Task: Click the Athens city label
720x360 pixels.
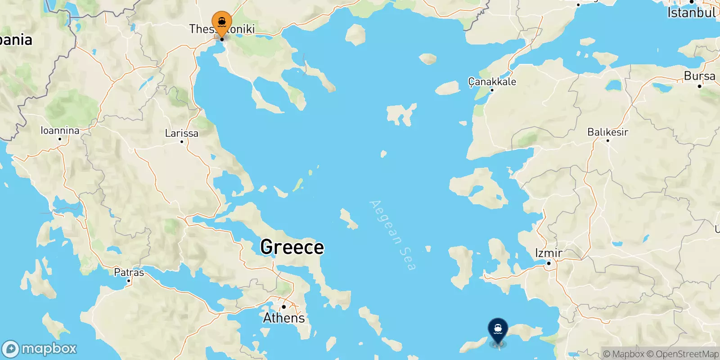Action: (284, 318)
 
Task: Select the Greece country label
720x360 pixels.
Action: (292, 247)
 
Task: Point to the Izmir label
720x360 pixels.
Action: (549, 253)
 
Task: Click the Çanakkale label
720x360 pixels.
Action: (492, 81)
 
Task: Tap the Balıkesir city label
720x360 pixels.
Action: (607, 132)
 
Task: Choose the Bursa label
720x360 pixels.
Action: (699, 76)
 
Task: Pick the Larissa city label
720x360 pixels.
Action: (181, 133)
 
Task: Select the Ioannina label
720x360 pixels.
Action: (60, 130)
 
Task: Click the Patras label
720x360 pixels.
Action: (129, 272)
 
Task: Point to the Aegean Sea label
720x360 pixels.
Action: (392, 235)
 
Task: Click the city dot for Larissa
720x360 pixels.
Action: (182, 142)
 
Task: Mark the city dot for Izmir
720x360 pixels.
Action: (549, 263)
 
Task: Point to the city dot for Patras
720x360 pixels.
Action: (129, 281)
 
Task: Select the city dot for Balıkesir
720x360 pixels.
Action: (607, 140)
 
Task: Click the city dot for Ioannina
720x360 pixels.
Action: (60, 139)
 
